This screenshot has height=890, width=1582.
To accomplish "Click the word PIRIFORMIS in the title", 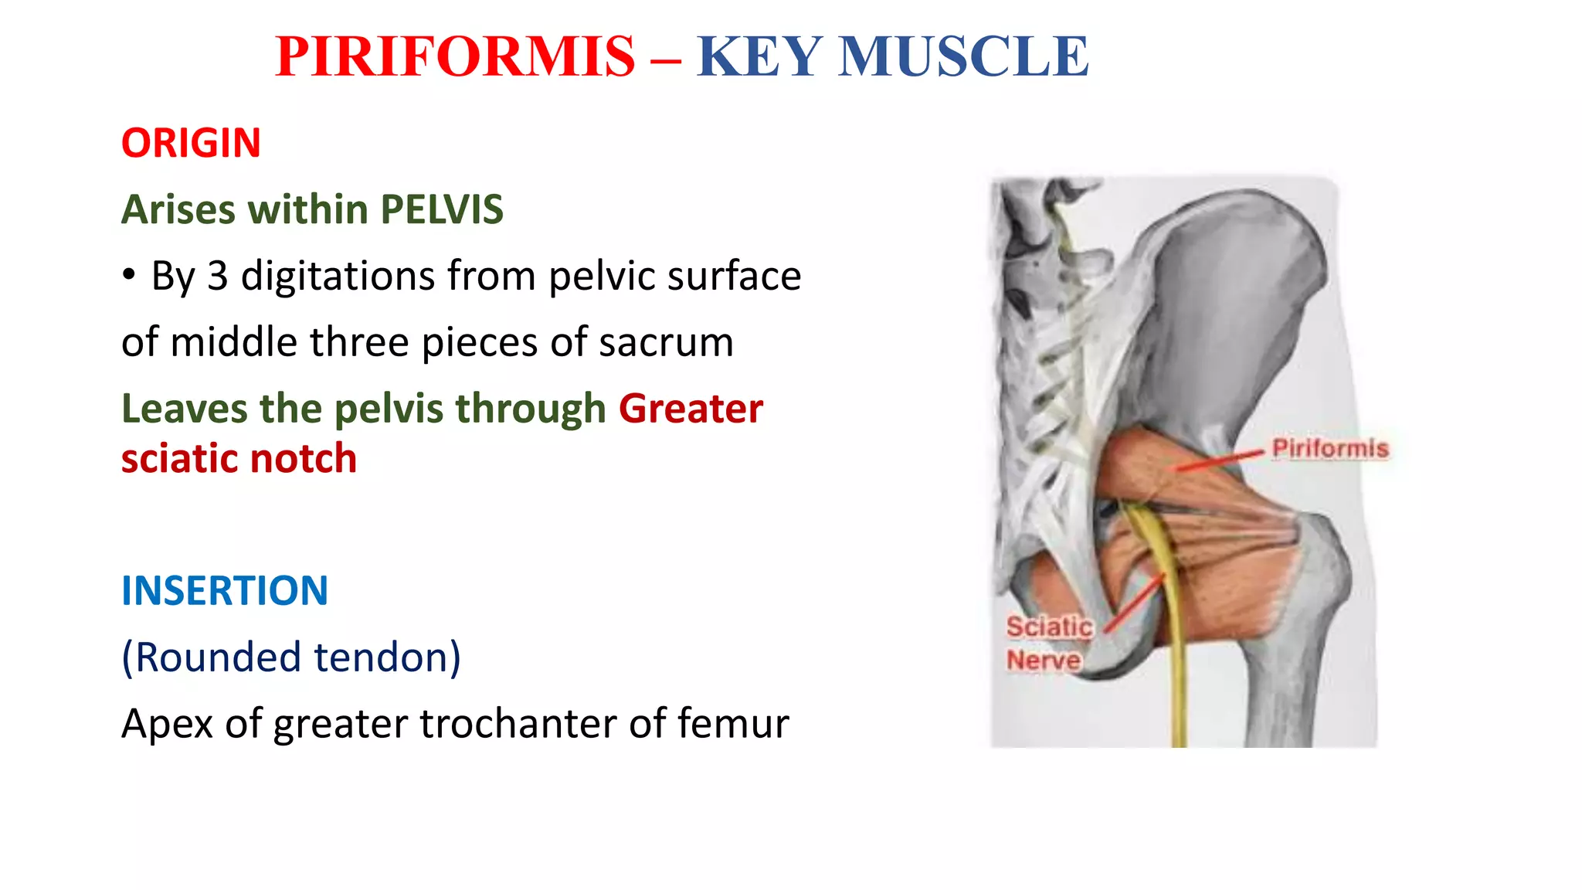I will (455, 57).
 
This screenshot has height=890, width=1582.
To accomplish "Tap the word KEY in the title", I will (759, 57).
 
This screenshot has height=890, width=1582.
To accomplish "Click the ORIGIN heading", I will (191, 144).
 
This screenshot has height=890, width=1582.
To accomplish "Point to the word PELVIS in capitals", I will (442, 210).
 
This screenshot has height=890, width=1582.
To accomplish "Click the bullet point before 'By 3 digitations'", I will (129, 275).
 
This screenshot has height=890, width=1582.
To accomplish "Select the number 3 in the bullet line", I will (217, 277).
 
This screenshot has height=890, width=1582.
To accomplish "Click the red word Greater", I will (691, 409).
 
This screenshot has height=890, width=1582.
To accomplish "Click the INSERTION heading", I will (225, 591).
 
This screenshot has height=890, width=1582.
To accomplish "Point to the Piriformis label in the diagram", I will (1329, 449).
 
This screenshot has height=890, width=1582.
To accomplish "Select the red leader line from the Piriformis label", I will (1220, 460).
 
